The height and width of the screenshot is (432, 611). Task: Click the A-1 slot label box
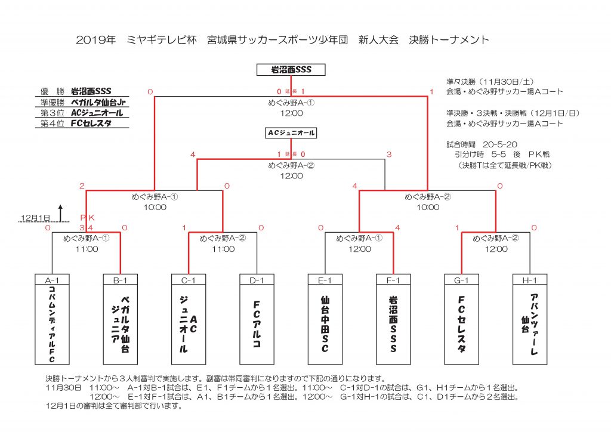click(53, 279)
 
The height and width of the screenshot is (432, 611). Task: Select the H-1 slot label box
click(530, 279)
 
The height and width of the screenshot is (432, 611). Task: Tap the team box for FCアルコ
click(257, 325)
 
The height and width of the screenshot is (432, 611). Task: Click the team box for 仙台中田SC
click(325, 325)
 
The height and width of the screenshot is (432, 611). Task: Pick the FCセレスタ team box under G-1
click(462, 325)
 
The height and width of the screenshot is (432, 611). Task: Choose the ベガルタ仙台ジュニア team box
click(121, 325)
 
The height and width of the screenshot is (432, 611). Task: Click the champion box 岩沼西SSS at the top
click(292, 70)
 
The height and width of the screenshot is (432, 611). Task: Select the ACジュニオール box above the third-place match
click(291, 132)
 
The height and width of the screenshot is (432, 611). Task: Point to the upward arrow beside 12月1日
click(60, 212)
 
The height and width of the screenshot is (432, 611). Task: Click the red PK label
click(87, 218)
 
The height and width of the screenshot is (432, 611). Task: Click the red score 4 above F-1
click(397, 227)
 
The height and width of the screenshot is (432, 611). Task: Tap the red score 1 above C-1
click(184, 227)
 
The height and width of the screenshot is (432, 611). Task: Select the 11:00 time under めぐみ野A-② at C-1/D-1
click(223, 249)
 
